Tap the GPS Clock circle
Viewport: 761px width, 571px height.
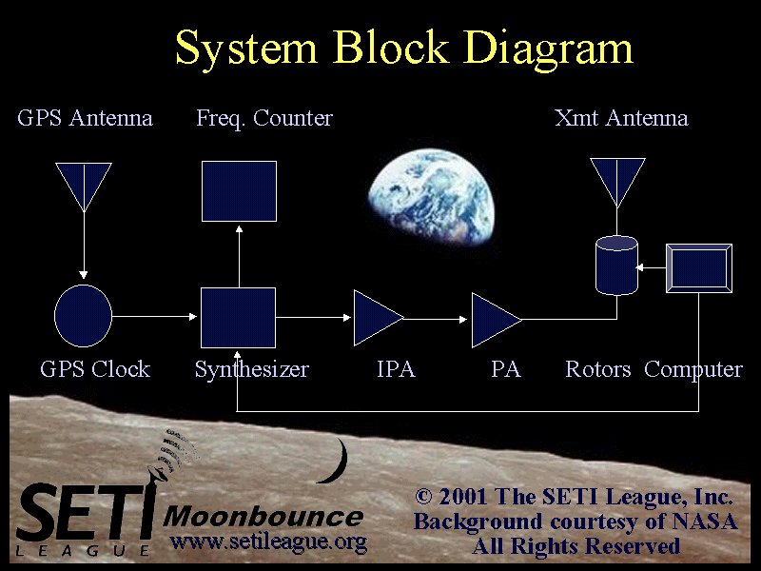coord(84,316)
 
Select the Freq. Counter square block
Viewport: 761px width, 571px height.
coord(240,191)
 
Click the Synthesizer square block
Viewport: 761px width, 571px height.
coord(239,318)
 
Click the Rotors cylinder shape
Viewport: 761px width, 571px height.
coord(616,266)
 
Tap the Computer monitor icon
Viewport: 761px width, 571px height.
coord(699,268)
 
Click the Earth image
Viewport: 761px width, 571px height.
coord(431,196)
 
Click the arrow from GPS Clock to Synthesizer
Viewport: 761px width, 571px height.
coord(154,317)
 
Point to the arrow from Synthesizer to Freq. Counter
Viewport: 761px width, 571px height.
coord(239,256)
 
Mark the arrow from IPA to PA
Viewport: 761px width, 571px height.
coord(436,319)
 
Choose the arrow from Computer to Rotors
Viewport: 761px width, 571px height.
coord(651,267)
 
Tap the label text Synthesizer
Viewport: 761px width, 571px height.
coord(252,369)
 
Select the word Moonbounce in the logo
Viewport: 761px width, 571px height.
coord(263,517)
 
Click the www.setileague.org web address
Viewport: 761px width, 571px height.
coord(268,541)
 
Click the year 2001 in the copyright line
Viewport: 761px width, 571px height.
coord(462,497)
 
